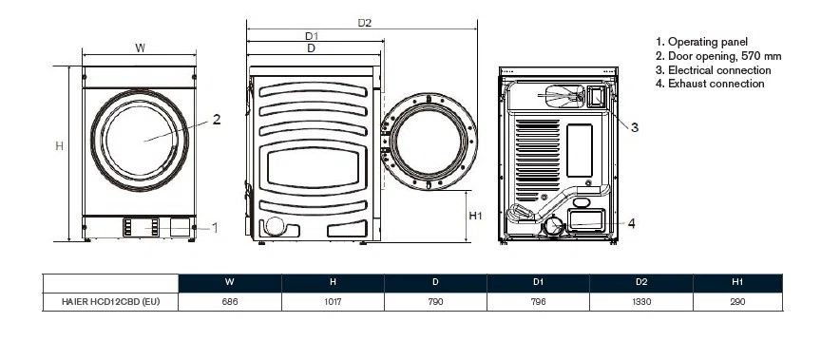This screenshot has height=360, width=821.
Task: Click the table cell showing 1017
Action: pyautogui.click(x=333, y=302)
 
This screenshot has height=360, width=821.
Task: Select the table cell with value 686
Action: pyautogui.click(x=229, y=302)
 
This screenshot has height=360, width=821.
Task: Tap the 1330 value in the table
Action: pyautogui.click(x=641, y=302)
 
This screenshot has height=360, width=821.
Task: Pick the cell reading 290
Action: pyautogui.click(x=737, y=302)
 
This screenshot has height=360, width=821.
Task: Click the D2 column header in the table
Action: pyautogui.click(x=641, y=282)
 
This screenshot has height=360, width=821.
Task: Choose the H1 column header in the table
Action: pyautogui.click(x=737, y=282)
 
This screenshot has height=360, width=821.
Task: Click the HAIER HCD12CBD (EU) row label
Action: pyautogui.click(x=110, y=302)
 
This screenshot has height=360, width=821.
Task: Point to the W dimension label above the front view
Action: pyautogui.click(x=141, y=48)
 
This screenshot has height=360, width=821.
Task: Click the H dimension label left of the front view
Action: pyautogui.click(x=59, y=146)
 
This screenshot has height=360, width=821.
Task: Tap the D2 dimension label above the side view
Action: pyautogui.click(x=365, y=23)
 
